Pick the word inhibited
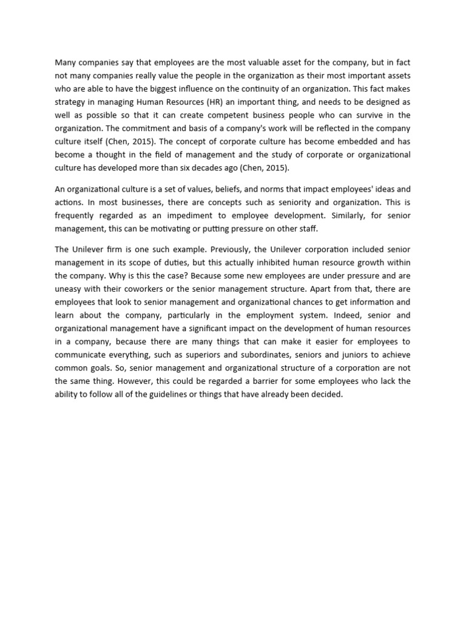point(251,262)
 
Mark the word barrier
point(243,382)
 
